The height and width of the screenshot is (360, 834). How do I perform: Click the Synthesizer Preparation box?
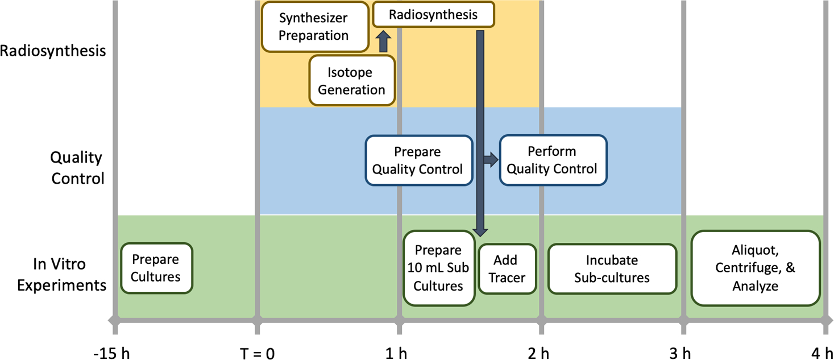(x=314, y=26)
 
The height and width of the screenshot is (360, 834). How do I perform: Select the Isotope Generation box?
(x=351, y=81)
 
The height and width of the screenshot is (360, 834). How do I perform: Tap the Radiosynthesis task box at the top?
(x=433, y=15)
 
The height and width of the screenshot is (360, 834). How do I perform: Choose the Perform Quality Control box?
(x=552, y=160)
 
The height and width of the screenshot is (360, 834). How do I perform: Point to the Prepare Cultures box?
(x=156, y=268)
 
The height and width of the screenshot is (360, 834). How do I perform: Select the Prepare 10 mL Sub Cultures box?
(x=438, y=268)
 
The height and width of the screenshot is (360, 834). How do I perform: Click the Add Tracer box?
(x=506, y=268)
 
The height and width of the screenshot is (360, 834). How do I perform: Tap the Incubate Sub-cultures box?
(x=612, y=268)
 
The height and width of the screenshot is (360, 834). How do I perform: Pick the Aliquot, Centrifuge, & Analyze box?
(x=755, y=267)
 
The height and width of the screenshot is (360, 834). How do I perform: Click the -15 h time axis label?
(x=111, y=353)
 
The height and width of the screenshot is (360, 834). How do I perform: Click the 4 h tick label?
(x=823, y=353)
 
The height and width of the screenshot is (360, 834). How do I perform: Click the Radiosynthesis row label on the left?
(x=53, y=51)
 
